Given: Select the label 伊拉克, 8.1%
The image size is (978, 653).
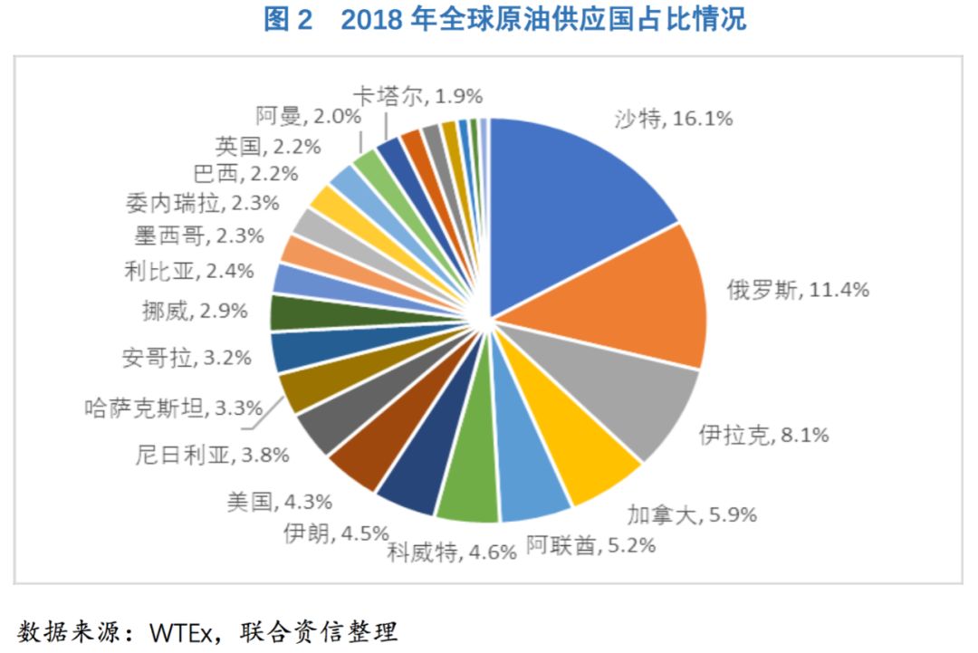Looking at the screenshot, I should click(x=764, y=435).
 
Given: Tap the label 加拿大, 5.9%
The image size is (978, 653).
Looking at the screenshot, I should click(x=692, y=515).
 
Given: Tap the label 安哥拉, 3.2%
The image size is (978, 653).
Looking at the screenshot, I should click(x=186, y=357).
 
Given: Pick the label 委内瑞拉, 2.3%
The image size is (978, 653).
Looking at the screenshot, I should click(x=201, y=204).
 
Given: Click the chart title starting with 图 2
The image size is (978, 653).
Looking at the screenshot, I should click(x=504, y=20).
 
